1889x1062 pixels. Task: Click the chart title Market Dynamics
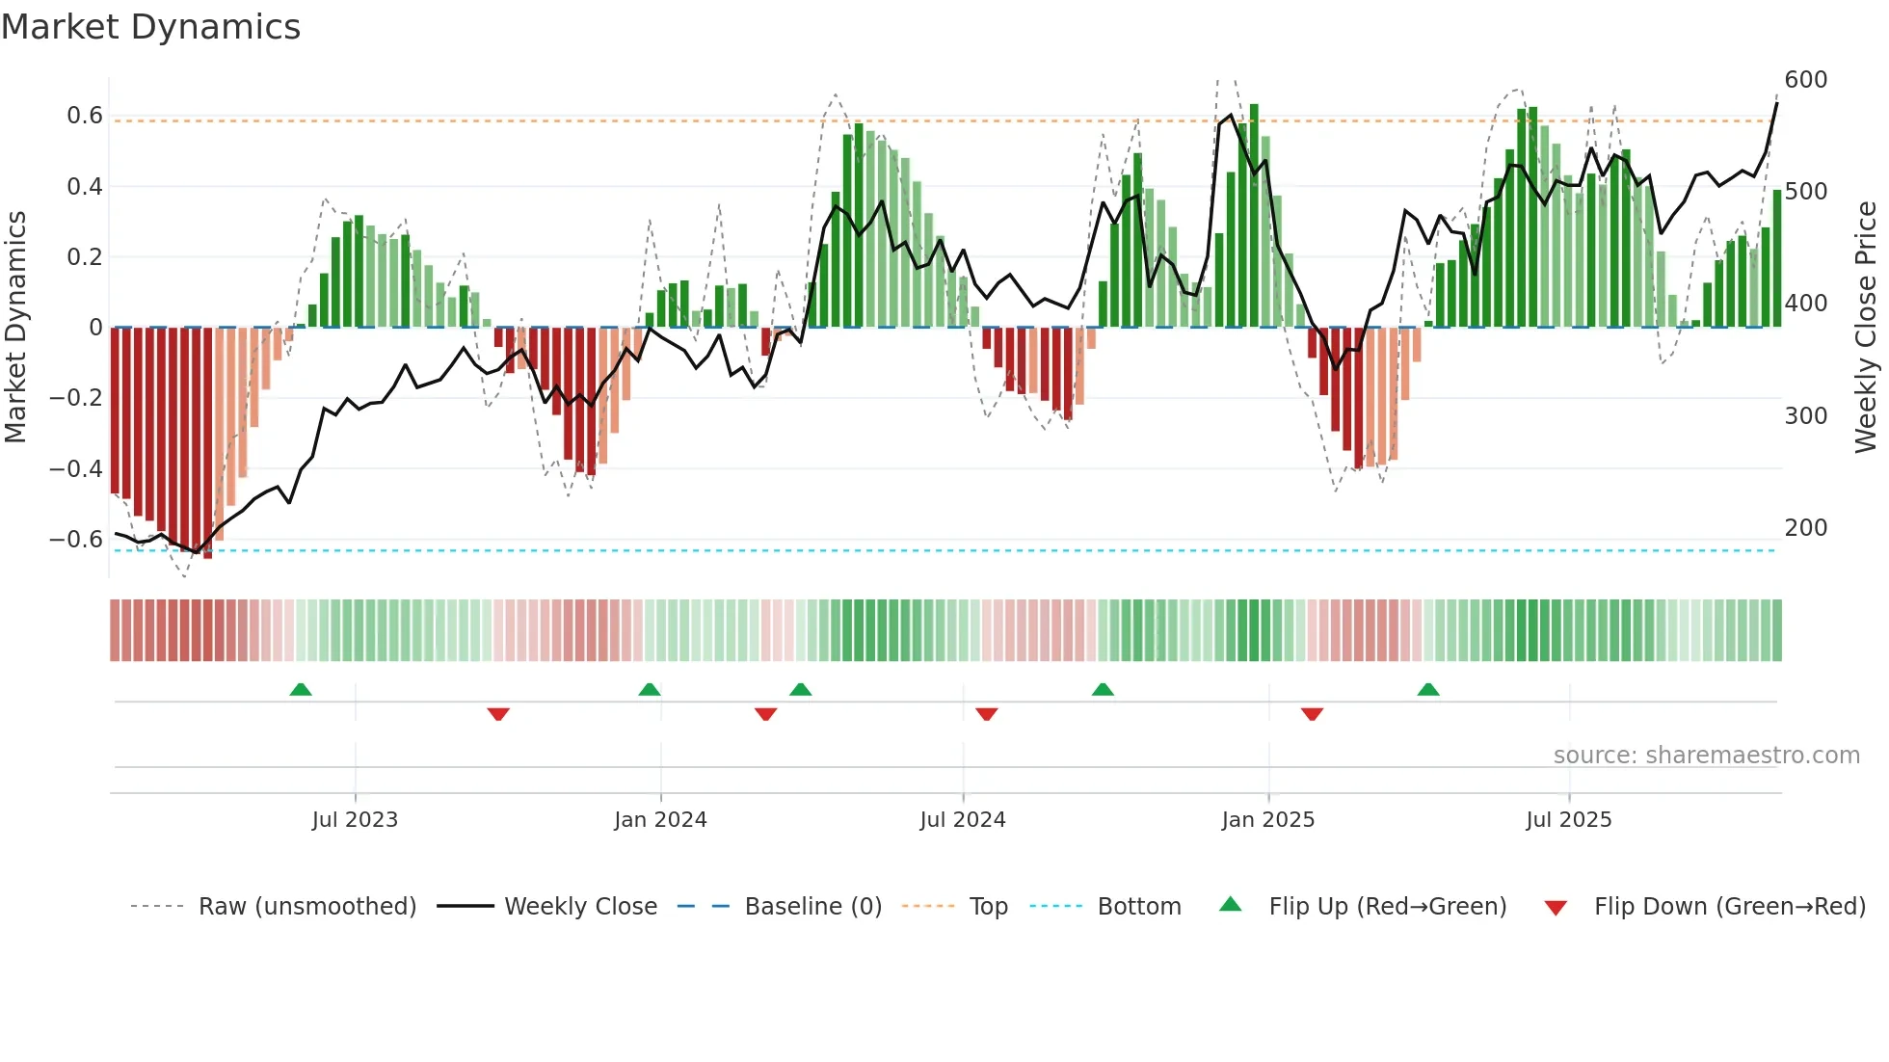click(x=150, y=27)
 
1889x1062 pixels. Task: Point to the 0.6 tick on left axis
click(x=85, y=116)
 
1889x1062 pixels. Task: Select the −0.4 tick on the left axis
click(x=76, y=468)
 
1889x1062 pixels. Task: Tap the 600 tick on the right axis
click(x=1805, y=79)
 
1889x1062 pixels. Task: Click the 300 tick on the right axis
click(x=1805, y=415)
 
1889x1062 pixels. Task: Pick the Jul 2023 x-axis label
click(x=355, y=820)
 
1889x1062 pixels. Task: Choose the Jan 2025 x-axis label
click(x=1267, y=820)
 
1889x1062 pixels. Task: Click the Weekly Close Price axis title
click(x=1866, y=328)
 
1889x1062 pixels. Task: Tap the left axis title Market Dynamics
click(x=15, y=328)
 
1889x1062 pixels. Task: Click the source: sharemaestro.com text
click(x=1706, y=756)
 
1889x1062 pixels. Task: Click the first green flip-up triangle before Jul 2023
click(x=301, y=690)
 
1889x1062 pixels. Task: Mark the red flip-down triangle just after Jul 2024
click(x=986, y=714)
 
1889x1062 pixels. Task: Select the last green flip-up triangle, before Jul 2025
click(x=1428, y=690)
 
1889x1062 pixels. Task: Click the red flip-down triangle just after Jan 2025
click(x=1312, y=714)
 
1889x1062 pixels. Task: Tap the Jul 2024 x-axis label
click(x=962, y=820)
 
